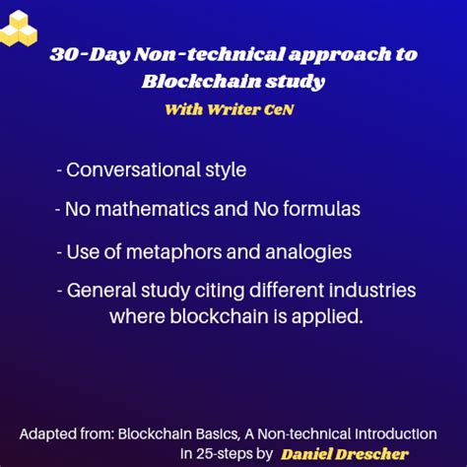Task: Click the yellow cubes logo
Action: [18, 27]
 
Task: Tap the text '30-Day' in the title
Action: [83, 56]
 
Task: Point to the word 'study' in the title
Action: [296, 81]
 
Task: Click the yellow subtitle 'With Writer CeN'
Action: [230, 109]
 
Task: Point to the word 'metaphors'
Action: [159, 251]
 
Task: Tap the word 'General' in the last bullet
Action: [102, 292]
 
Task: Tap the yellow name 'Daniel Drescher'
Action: [345, 454]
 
